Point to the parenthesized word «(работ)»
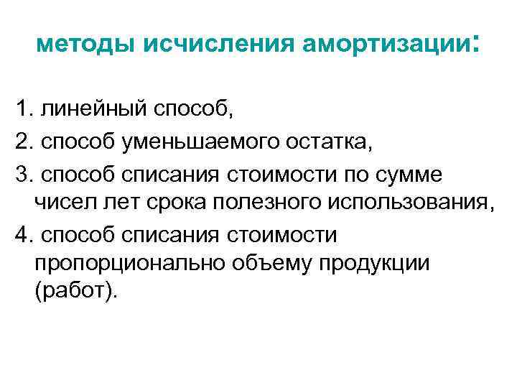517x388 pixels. pos(75,294)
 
